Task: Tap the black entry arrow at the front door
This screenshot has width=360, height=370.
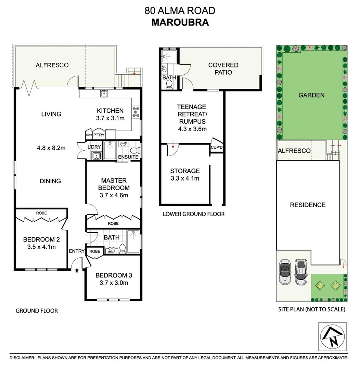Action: tap(76, 270)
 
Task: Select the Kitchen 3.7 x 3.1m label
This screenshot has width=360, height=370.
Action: tap(110, 114)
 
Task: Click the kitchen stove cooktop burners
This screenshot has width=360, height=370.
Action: tap(136, 111)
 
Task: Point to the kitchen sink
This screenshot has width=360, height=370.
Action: tap(104, 93)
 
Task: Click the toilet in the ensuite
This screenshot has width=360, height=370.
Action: tap(134, 150)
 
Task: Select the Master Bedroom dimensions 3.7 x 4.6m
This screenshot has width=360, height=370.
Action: tap(114, 195)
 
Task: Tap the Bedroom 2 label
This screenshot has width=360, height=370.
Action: tap(39, 239)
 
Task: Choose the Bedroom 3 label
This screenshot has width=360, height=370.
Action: tap(114, 275)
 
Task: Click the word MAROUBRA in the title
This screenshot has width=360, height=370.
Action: tap(180, 22)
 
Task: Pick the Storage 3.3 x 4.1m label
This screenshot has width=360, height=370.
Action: tap(185, 174)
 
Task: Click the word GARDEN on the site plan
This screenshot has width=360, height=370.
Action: tap(311, 95)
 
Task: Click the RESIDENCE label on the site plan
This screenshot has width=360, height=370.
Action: tap(308, 205)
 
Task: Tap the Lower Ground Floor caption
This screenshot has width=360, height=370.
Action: tap(193, 214)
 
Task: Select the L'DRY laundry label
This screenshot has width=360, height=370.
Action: tap(94, 147)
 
